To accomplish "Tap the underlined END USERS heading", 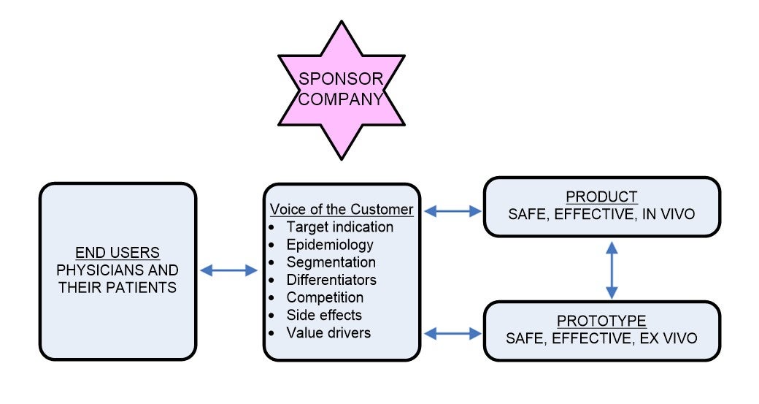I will click(117, 253).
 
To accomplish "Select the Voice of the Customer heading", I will click(342, 210).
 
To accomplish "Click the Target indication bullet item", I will click(339, 227).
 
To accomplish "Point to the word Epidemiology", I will click(329, 245).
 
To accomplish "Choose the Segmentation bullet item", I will click(331, 262).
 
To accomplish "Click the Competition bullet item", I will click(325, 297).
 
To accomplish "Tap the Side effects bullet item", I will click(324, 315).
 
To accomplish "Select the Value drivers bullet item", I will click(328, 332).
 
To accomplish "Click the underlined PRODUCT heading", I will click(602, 197).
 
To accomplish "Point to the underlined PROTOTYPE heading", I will click(602, 321).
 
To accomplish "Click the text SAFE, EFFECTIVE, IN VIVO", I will click(602, 215).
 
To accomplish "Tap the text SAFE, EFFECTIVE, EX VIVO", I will click(602, 338).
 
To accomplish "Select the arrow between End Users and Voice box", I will click(229, 270).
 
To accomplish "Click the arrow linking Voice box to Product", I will click(452, 212).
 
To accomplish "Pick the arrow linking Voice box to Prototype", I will click(452, 334).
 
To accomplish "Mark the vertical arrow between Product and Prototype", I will click(612, 270).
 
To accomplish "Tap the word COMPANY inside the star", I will click(341, 99).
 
